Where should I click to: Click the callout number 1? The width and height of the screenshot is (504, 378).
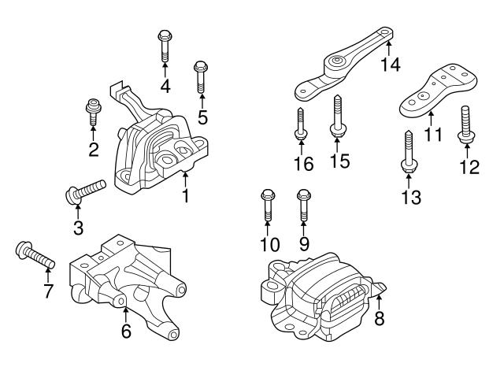tap(186, 194)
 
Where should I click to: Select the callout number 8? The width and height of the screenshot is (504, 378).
tap(379, 319)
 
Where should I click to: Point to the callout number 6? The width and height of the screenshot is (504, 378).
tap(125, 332)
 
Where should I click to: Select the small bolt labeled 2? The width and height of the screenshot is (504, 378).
tap(94, 112)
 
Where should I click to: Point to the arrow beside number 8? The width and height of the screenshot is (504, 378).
tap(379, 298)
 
